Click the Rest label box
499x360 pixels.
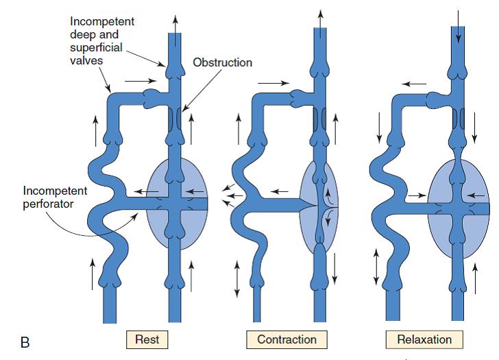147,339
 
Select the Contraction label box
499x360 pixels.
287,339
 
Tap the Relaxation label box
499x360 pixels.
424,339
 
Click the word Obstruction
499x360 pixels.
222,63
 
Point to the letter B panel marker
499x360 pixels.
25,341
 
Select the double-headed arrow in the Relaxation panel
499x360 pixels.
376,267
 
